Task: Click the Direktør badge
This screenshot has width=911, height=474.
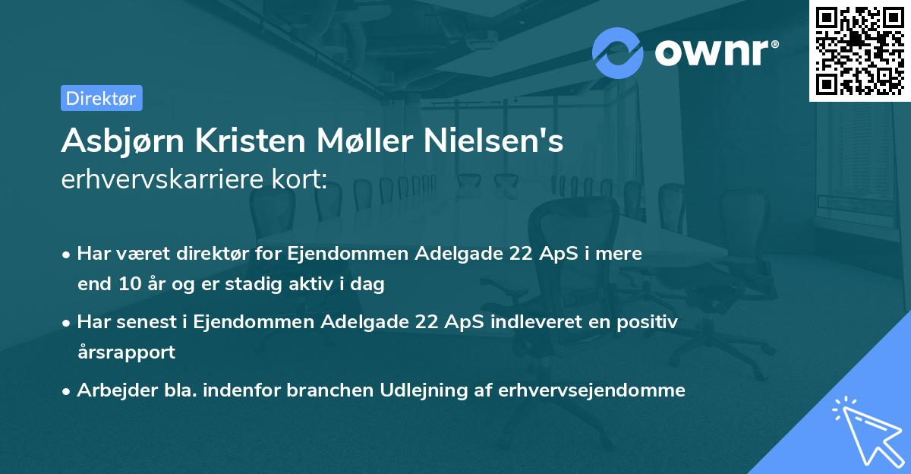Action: (101, 98)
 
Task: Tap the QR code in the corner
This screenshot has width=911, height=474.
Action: (859, 50)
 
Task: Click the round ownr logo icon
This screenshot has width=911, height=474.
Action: (618, 52)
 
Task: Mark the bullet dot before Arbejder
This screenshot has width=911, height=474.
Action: (68, 390)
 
